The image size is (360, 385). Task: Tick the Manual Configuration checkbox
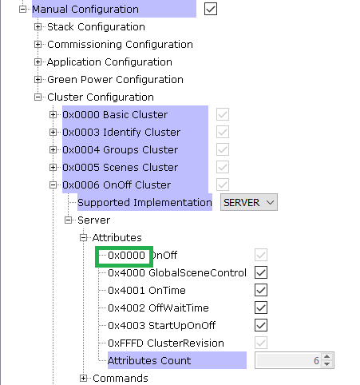(x=211, y=9)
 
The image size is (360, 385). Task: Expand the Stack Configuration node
(x=38, y=27)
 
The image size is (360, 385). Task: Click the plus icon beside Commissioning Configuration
(x=38, y=45)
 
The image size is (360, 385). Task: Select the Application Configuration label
(x=109, y=62)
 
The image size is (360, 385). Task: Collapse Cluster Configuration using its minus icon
(x=38, y=97)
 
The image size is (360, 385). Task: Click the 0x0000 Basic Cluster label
(x=115, y=115)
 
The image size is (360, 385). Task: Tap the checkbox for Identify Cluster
(x=223, y=132)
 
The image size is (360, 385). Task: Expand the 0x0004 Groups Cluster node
(x=53, y=150)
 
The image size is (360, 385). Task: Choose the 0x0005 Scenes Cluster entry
(x=121, y=168)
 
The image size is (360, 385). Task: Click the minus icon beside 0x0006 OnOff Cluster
(x=53, y=185)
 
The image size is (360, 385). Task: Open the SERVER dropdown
(x=249, y=202)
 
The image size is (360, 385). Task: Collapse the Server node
(x=69, y=220)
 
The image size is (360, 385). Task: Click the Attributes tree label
(x=117, y=237)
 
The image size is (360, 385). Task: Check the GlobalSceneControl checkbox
(x=261, y=272)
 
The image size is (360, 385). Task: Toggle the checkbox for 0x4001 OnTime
(x=261, y=290)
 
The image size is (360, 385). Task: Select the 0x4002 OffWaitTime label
(x=158, y=308)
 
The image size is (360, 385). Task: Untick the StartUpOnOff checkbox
(x=261, y=325)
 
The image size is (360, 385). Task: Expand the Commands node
(x=84, y=378)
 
